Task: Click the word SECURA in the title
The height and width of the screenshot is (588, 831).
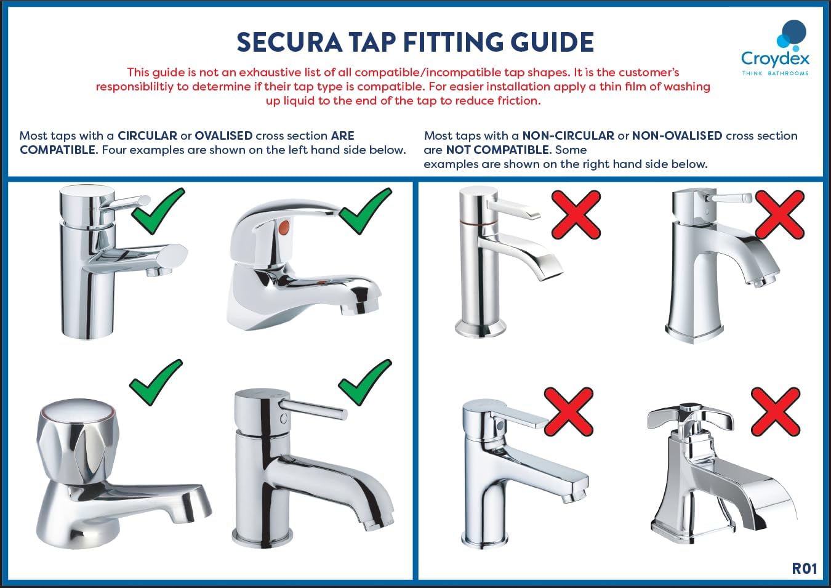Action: click(289, 42)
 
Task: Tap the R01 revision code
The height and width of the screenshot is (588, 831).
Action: click(804, 568)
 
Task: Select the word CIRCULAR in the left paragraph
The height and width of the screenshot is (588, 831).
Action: click(147, 135)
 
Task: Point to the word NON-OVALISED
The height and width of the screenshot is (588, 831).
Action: click(676, 135)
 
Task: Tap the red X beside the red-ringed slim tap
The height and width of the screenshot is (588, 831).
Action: click(576, 214)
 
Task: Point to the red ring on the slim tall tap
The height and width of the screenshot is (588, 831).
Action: click(478, 220)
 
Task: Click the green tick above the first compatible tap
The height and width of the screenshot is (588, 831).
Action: click(158, 210)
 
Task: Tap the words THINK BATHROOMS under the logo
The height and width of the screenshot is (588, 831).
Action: click(775, 73)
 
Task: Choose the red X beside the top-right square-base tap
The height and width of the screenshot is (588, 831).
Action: click(779, 214)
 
